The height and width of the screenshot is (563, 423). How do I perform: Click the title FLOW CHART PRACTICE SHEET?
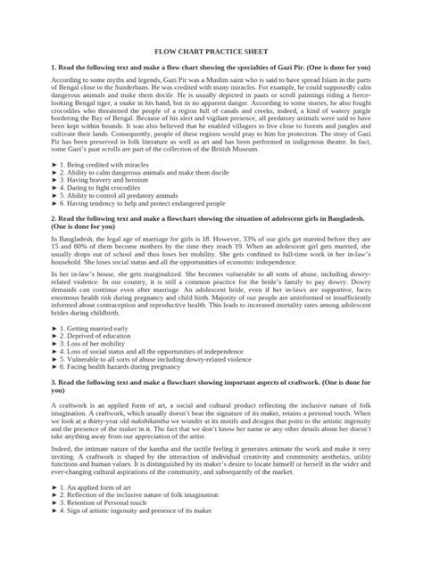click(x=211, y=53)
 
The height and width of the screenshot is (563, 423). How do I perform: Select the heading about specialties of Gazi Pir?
click(x=211, y=68)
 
